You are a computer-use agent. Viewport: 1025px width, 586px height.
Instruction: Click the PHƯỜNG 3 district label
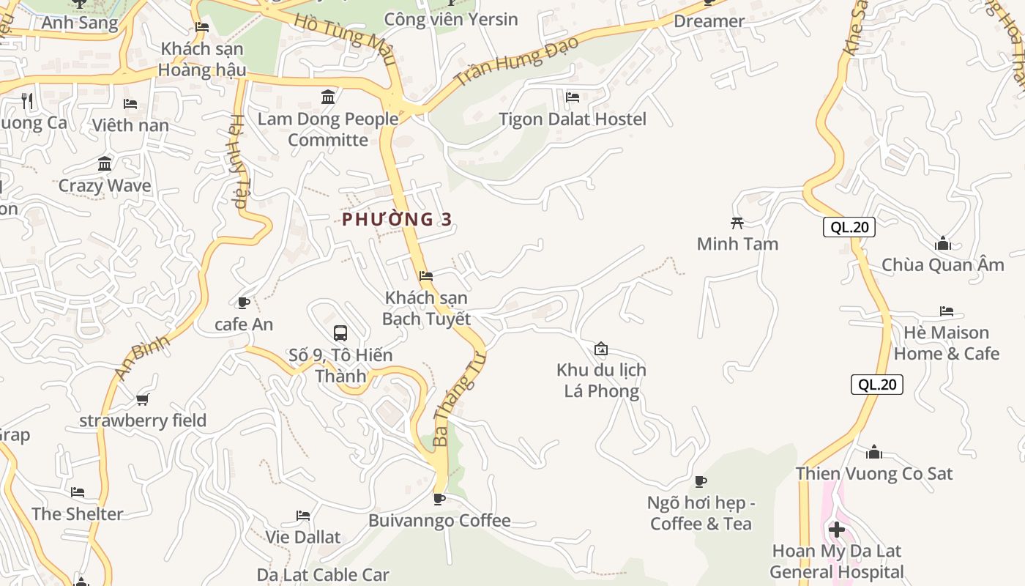tap(397, 219)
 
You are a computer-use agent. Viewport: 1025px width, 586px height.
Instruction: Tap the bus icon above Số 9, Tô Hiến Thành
tap(340, 333)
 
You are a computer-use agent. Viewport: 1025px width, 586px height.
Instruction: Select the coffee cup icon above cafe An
tap(244, 303)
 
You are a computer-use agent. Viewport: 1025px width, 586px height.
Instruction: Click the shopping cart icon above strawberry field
tap(143, 399)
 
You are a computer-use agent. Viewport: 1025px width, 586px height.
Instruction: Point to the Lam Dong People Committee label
tap(328, 129)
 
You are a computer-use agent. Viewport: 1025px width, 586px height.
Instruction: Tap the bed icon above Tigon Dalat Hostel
tap(573, 97)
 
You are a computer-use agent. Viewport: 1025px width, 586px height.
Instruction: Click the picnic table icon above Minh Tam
tap(737, 223)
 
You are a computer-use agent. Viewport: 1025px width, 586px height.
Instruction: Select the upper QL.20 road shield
tap(849, 227)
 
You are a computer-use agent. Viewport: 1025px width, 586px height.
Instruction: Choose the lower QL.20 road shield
tap(876, 385)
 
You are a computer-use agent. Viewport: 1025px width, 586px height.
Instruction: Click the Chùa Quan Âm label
tap(943, 265)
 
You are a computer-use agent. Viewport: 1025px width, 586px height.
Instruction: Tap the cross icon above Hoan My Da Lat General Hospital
tap(837, 529)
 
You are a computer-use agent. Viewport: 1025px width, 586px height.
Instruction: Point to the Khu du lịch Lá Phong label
tap(601, 380)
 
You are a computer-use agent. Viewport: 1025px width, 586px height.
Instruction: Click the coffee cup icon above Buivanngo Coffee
tap(439, 500)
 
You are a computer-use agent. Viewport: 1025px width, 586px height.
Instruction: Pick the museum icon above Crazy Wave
tap(105, 163)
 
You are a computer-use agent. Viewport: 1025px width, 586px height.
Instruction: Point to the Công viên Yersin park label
tap(450, 20)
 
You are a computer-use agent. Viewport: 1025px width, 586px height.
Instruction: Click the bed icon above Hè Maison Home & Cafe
tap(947, 311)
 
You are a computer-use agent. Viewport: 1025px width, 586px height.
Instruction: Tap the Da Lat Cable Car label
tap(323, 575)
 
